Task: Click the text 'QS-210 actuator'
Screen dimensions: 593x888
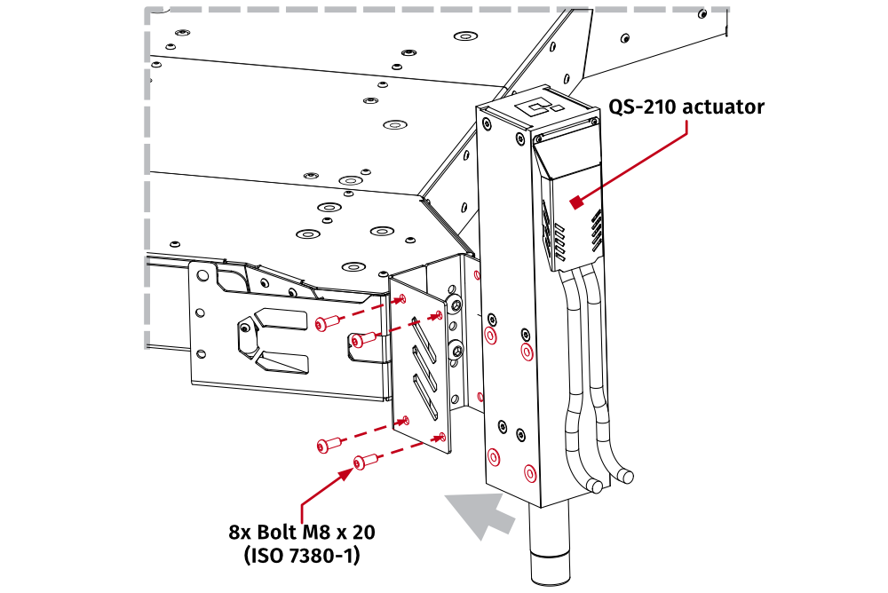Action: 686,107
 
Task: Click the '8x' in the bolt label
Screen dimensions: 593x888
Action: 241,533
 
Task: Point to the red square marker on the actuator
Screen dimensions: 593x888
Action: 577,203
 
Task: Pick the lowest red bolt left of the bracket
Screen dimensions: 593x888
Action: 364,462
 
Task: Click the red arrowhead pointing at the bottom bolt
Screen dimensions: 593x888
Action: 346,473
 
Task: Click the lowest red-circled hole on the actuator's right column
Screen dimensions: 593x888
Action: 530,471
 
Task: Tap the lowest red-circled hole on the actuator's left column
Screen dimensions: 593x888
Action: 493,458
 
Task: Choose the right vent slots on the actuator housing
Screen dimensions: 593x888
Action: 598,229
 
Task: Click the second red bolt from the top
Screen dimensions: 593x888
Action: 364,338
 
